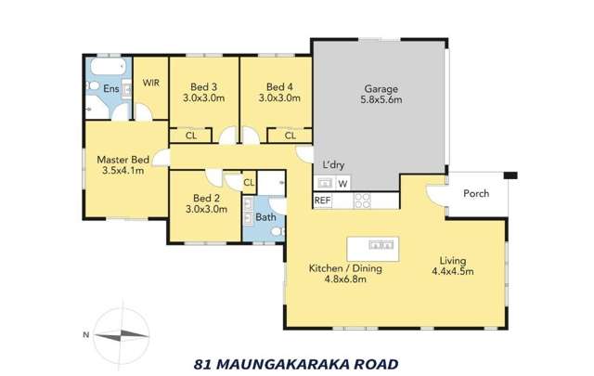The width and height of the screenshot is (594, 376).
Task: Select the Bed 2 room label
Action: (x=204, y=198)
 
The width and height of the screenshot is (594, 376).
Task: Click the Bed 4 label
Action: (x=278, y=84)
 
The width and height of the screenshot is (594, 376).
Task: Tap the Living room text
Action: (x=453, y=260)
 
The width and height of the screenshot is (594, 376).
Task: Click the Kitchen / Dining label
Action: (x=344, y=270)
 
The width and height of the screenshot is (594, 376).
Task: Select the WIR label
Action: (x=150, y=83)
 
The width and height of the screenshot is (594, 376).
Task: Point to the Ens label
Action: (x=110, y=89)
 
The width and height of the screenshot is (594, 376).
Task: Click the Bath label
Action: (x=265, y=218)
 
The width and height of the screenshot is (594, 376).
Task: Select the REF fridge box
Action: (x=323, y=200)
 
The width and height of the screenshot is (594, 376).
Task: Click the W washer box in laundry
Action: (x=342, y=183)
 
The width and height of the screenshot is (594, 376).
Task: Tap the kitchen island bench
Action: (x=378, y=245)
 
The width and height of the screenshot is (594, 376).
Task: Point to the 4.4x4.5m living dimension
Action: (x=453, y=272)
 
